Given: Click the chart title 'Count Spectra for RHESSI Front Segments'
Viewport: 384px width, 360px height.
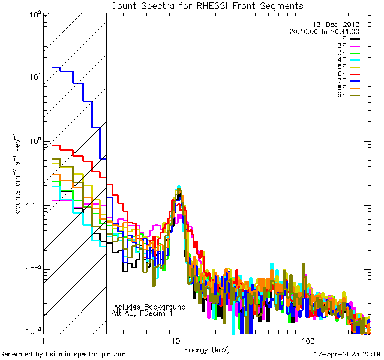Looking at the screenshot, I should pyautogui.click(x=207, y=6).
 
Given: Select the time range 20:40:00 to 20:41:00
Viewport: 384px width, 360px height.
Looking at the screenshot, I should pyautogui.click(x=324, y=32).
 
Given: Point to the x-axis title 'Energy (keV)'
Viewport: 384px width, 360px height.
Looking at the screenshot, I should pyautogui.click(x=206, y=350).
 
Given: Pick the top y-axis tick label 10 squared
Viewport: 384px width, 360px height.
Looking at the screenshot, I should pyautogui.click(x=34, y=14).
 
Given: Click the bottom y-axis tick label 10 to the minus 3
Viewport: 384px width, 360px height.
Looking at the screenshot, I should pyautogui.click(x=32, y=331).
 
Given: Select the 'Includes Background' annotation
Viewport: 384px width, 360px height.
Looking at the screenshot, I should pyautogui.click(x=149, y=307).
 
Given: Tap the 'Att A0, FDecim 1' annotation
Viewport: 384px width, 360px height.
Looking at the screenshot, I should pyautogui.click(x=142, y=313).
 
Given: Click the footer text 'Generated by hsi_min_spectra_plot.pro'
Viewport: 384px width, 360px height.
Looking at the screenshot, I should pyautogui.click(x=63, y=355).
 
